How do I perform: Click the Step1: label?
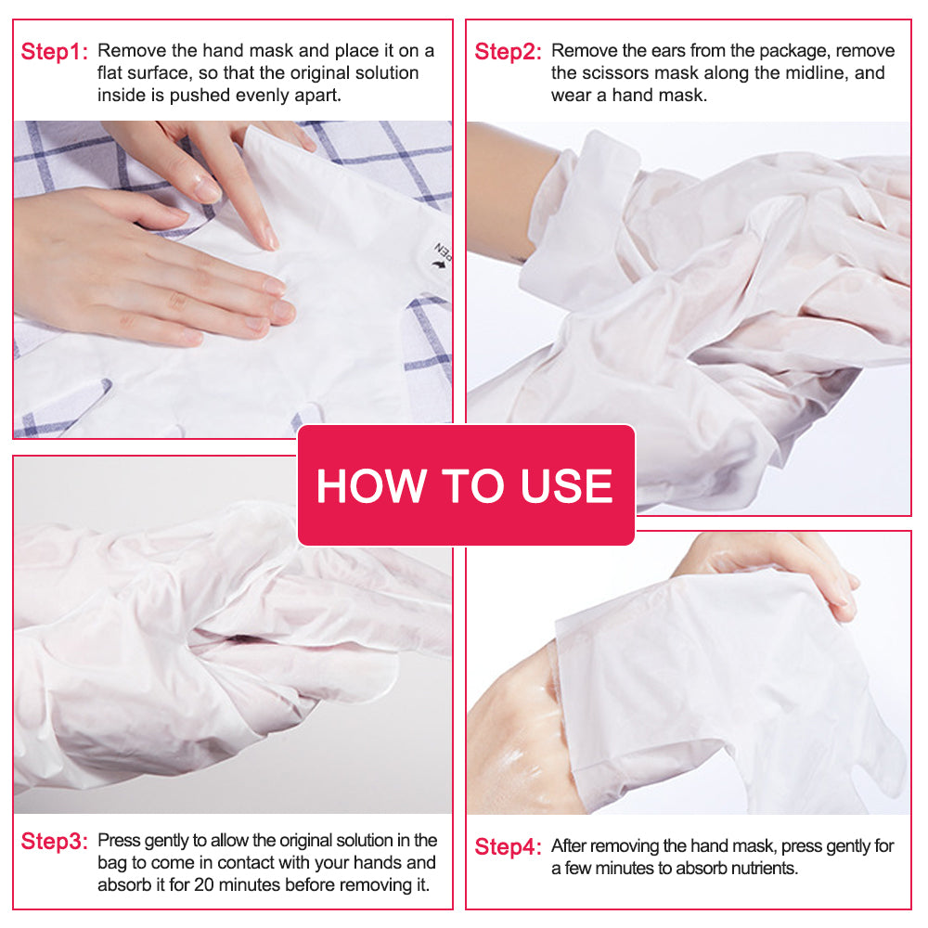coord(54,52)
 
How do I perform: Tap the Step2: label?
coord(508,52)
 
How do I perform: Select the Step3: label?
coord(54,842)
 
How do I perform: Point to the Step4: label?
coord(508,847)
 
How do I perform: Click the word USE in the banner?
coord(567,486)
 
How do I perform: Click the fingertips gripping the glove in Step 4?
coord(835,594)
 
